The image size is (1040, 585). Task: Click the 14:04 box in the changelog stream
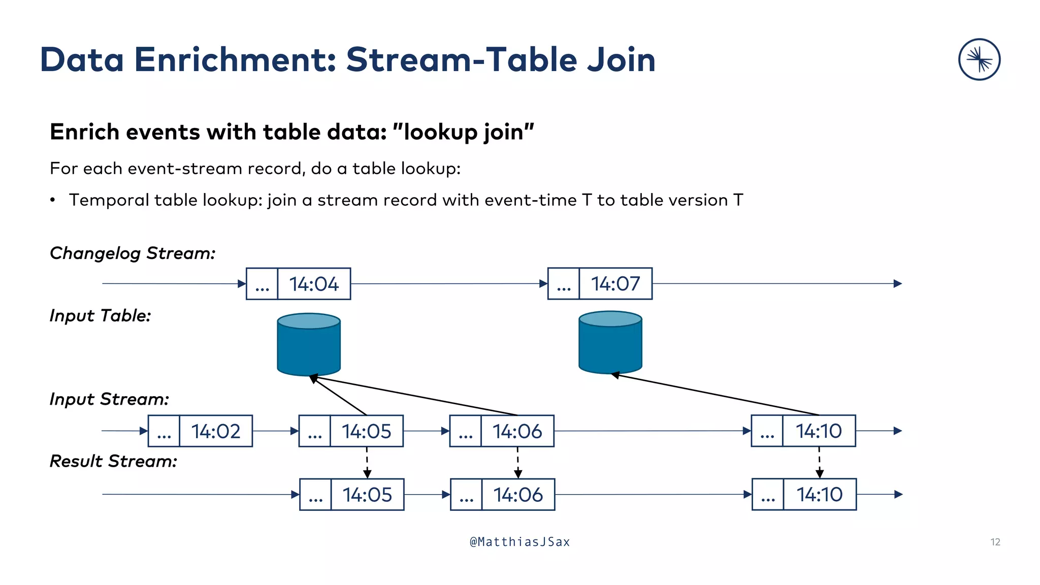click(x=299, y=284)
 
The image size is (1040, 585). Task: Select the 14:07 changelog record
click(x=600, y=283)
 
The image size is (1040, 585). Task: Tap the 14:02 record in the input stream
click(x=200, y=431)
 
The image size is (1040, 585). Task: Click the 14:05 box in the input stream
click(x=351, y=431)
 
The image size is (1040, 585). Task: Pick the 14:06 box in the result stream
click(x=503, y=495)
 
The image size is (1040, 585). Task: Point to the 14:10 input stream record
click(x=803, y=431)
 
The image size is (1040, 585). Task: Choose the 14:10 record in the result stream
click(x=804, y=494)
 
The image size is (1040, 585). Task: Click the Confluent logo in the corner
click(x=979, y=59)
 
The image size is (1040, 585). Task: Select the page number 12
click(x=995, y=542)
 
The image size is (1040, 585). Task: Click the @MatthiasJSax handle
click(x=519, y=542)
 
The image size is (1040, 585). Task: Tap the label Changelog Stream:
click(x=133, y=253)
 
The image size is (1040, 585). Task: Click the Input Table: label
click(x=100, y=315)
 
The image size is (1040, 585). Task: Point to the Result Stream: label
click(x=113, y=461)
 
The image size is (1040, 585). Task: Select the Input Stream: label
click(x=109, y=399)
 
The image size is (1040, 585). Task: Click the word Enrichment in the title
click(x=235, y=60)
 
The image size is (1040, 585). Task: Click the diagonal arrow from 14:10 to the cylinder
click(x=716, y=395)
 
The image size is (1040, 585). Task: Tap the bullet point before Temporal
click(x=53, y=201)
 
